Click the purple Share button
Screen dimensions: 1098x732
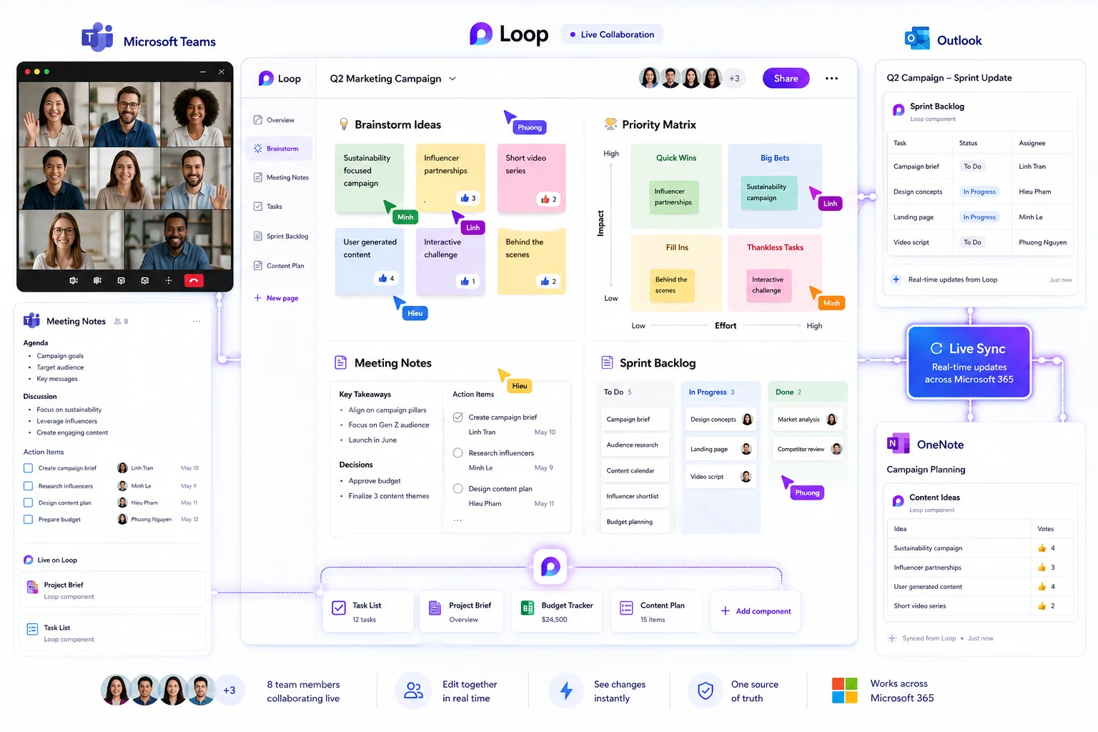[786, 79]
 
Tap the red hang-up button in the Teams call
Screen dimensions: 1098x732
[194, 280]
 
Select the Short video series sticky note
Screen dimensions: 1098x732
[531, 178]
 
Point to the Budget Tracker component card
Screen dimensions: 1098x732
[557, 611]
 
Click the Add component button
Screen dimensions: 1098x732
[756, 611]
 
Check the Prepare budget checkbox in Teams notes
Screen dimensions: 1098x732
[29, 519]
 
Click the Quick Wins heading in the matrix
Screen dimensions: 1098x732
[676, 158]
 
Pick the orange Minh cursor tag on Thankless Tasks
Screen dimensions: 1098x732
[831, 303]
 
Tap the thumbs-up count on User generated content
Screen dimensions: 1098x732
[386, 279]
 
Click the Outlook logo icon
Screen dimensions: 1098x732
[917, 39]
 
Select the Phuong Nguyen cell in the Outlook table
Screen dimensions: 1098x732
[1043, 242]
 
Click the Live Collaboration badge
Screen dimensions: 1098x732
[612, 34]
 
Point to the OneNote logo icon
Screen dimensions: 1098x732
[898, 444]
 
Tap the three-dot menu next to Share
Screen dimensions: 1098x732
[831, 79]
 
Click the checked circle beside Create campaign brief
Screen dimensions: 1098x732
[457, 417]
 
